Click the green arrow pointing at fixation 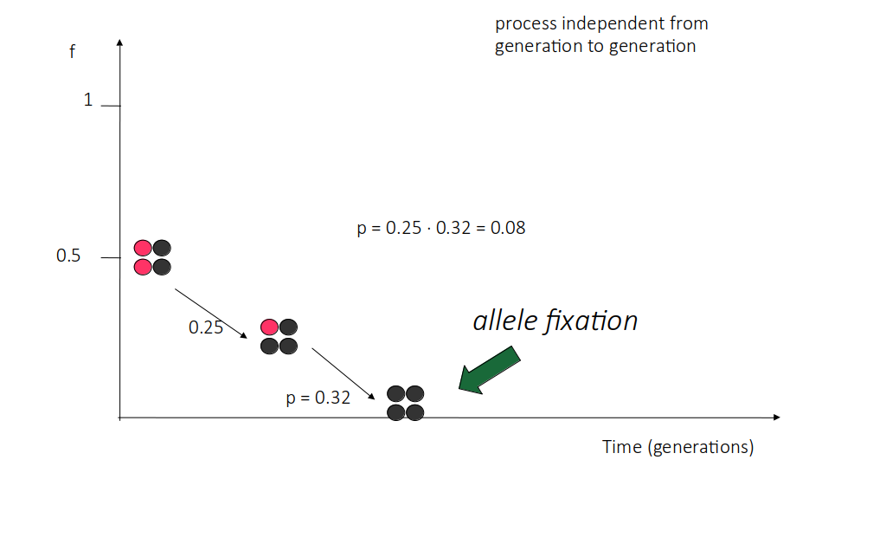[488, 371]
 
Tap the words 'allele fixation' [555, 321]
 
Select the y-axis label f [73, 51]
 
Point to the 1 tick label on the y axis [88, 100]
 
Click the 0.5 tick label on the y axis [68, 256]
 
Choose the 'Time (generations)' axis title [678, 447]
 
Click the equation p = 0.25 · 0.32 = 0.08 [441, 228]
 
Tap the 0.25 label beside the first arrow [206, 327]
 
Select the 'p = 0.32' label [318, 398]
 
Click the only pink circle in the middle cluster [270, 327]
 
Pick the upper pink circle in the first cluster [143, 249]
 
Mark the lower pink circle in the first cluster [143, 267]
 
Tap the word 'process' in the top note [525, 24]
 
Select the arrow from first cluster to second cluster [211, 314]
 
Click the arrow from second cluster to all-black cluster [343, 374]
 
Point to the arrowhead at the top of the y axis [119, 42]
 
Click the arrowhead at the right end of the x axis [777, 418]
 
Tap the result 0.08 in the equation [508, 228]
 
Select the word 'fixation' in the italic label [591, 321]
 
